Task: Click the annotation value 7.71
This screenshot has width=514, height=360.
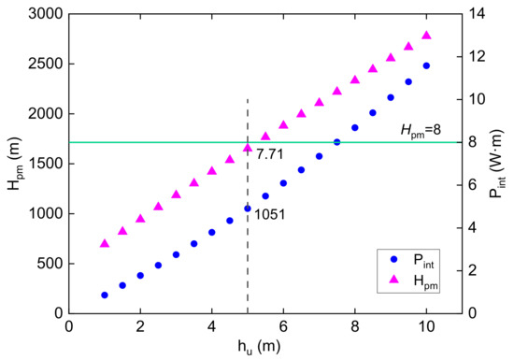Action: pyautogui.click(x=270, y=152)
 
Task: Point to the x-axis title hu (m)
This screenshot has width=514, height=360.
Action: pyautogui.click(x=247, y=349)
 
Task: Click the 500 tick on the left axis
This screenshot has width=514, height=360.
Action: pyautogui.click(x=46, y=263)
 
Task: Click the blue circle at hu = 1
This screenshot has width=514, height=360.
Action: pyautogui.click(x=105, y=295)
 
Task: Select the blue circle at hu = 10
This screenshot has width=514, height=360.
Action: pyautogui.click(x=426, y=66)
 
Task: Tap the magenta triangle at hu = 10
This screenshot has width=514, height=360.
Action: pyautogui.click(x=426, y=36)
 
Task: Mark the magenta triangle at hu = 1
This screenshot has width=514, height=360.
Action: pyautogui.click(x=105, y=243)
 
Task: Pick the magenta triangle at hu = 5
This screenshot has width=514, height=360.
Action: pyautogui.click(x=248, y=148)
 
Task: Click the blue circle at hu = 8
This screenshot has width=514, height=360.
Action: pyautogui.click(x=355, y=128)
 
